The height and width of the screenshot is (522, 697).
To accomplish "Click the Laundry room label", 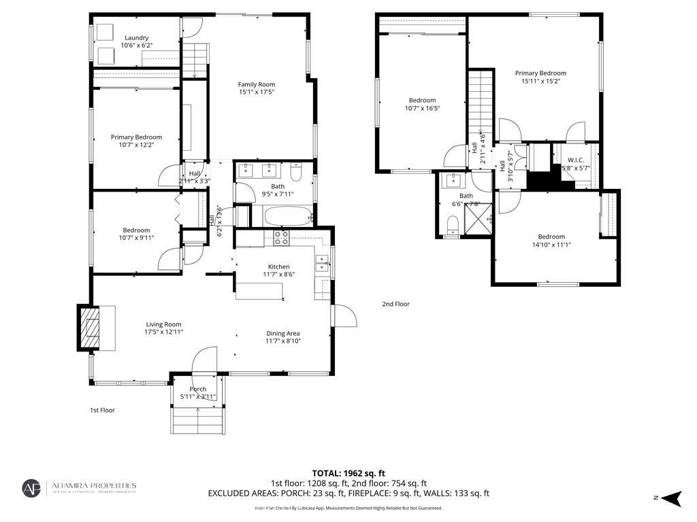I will [136, 38].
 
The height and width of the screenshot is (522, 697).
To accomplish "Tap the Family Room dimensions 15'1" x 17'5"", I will [257, 92].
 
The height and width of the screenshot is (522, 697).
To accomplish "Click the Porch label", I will [198, 389].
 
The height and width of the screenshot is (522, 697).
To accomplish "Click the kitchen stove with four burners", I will [281, 237].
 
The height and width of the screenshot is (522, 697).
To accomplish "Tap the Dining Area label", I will [283, 333].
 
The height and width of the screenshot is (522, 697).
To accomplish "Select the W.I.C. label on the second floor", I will [576, 160].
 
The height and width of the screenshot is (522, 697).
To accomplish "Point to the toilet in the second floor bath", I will [451, 224].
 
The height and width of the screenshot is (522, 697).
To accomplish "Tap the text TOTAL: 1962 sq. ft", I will [348, 473].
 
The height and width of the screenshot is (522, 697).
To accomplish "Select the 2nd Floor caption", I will [395, 304].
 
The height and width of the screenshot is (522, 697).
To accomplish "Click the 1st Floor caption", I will [103, 411].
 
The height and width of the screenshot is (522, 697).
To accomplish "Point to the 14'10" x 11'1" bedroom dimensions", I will [551, 245].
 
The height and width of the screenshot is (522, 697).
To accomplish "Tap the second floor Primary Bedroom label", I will [540, 73].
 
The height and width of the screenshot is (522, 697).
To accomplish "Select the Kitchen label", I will [278, 266].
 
